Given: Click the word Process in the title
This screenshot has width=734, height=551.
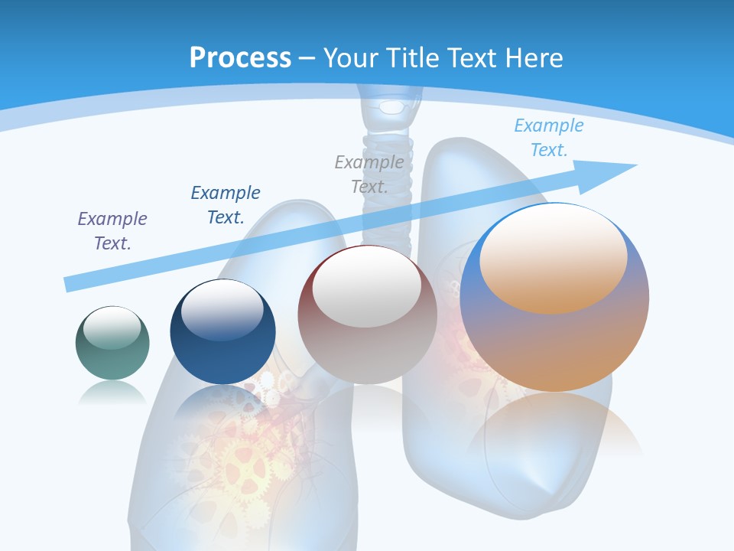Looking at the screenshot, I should pos(240,57).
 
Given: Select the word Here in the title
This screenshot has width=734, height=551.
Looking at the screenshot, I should pos(534,57).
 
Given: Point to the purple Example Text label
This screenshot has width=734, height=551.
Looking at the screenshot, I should pos(112,230).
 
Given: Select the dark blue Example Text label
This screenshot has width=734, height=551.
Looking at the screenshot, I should pos(226,204).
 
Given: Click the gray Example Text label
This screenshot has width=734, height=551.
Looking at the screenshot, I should pos(369,174).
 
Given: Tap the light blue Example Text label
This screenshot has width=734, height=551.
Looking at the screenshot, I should pos(549,137).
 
